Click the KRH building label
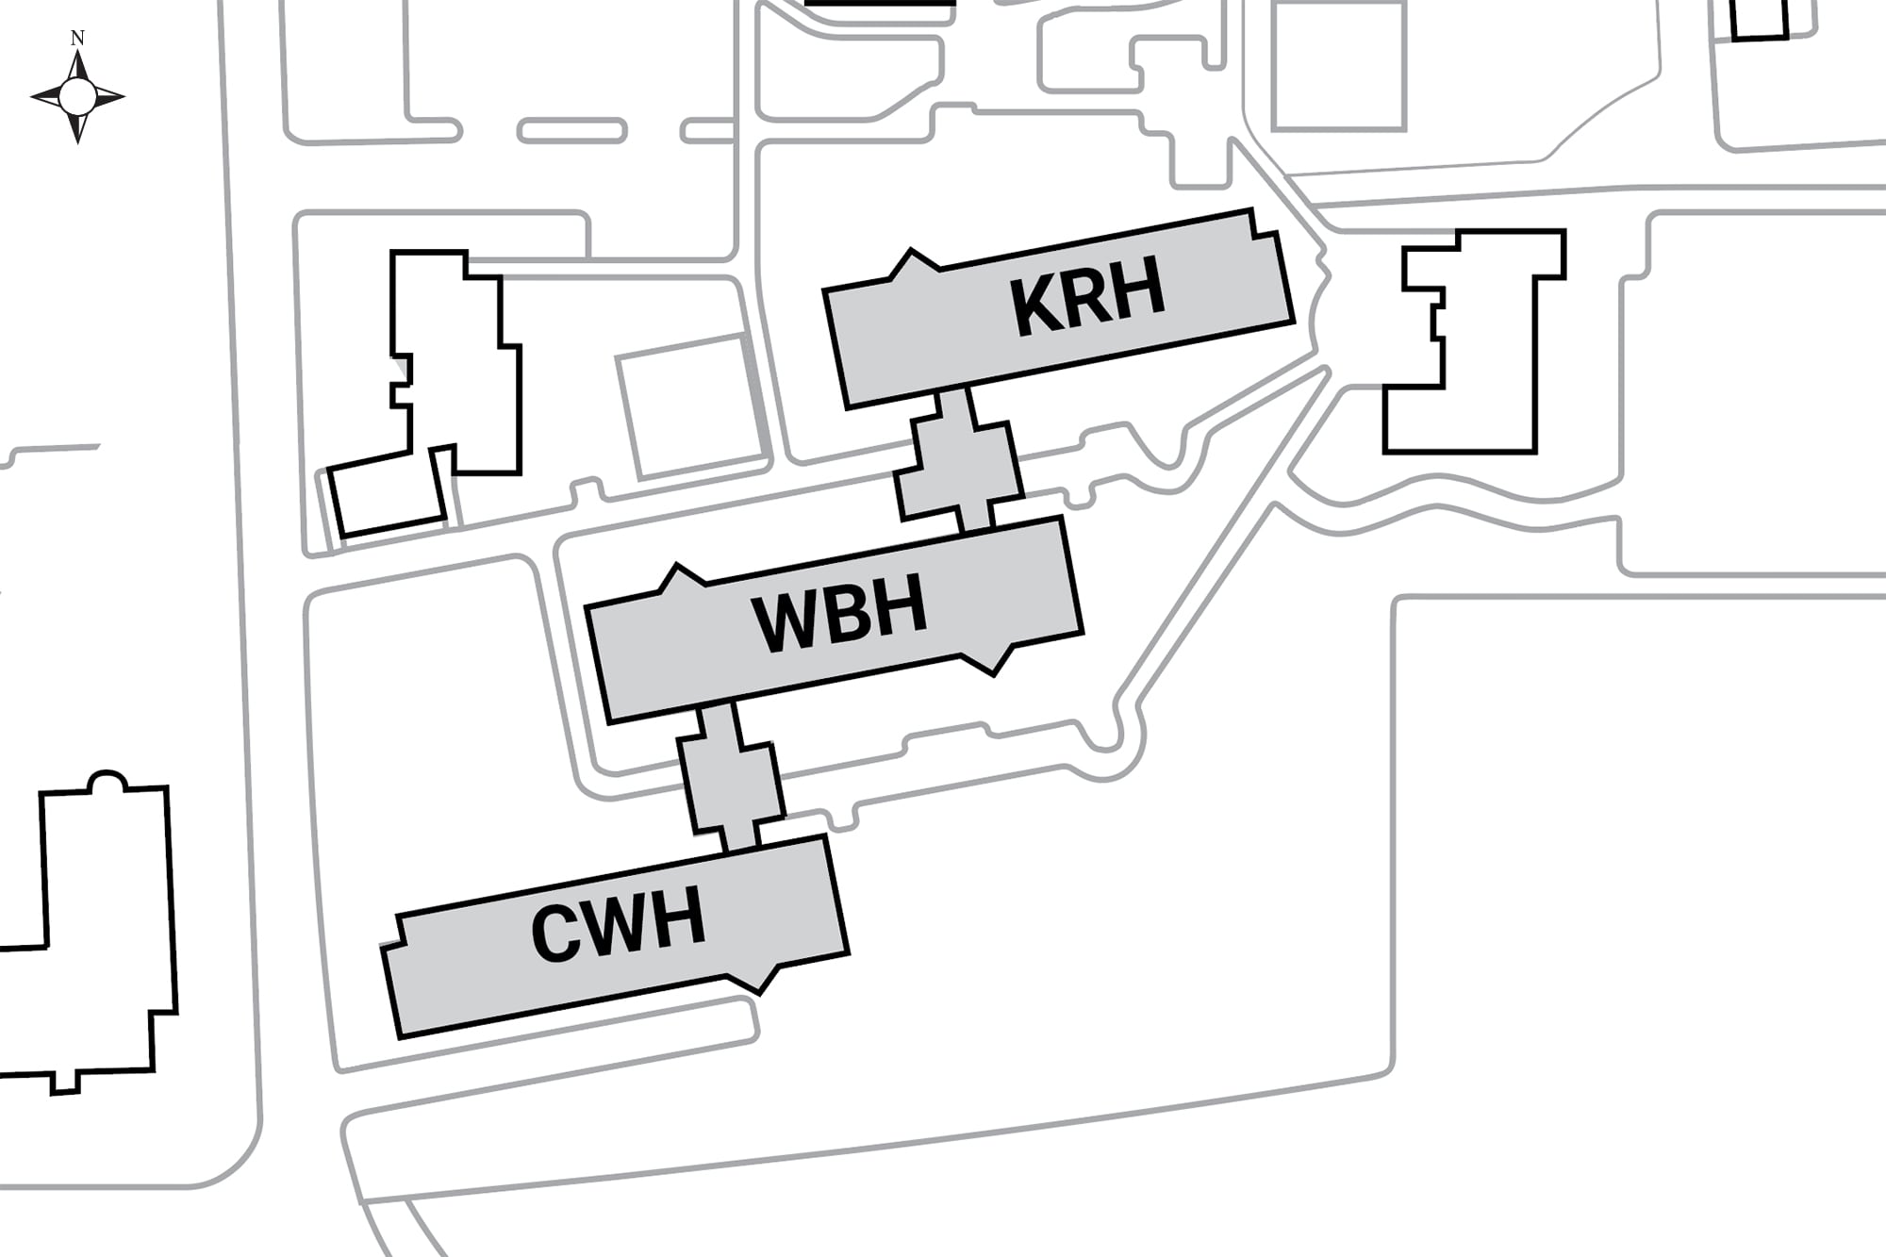[x=1087, y=296]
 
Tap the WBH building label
[x=839, y=613]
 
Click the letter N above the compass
[x=77, y=39]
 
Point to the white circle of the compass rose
[x=77, y=95]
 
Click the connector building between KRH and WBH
[x=959, y=464]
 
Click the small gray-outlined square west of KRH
[x=691, y=405]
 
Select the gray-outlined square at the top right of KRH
[x=1339, y=64]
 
